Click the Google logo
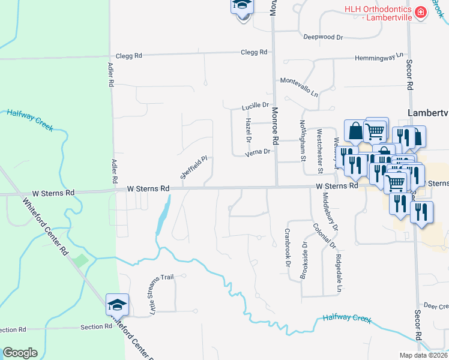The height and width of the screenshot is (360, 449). (20, 353)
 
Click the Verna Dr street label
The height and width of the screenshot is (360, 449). (258, 152)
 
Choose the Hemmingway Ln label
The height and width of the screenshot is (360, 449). (378, 56)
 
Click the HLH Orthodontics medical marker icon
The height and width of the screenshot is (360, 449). (421, 11)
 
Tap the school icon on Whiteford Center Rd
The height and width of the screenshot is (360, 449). (118, 304)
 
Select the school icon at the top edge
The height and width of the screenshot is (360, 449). (242, 5)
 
